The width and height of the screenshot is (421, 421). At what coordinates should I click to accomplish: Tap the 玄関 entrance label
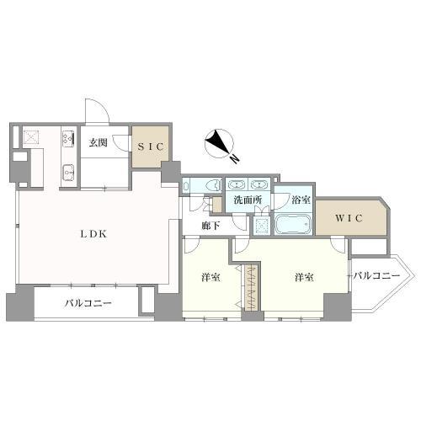coord(99,142)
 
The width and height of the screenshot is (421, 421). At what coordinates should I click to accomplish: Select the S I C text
coord(150,146)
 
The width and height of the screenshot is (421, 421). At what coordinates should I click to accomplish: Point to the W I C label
coord(348,219)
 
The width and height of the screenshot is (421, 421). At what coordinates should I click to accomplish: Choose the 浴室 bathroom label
coord(300,200)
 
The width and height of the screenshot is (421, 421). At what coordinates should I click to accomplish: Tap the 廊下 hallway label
coord(212,225)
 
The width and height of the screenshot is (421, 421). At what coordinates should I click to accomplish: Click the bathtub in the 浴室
coord(293,224)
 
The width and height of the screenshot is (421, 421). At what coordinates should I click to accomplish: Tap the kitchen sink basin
coord(67,173)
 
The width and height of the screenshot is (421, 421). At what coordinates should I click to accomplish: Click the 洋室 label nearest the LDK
coord(210,277)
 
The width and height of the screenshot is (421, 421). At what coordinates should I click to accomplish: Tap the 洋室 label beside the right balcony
coord(305,277)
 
